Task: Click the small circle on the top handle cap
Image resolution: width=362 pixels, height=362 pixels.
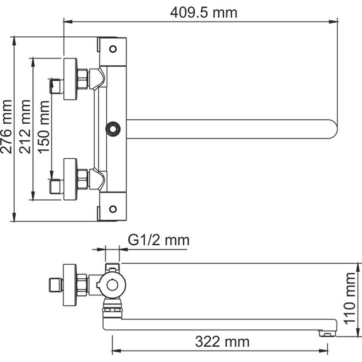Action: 113,48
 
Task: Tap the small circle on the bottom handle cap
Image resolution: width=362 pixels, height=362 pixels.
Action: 113,210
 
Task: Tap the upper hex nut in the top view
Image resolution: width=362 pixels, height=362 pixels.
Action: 83,79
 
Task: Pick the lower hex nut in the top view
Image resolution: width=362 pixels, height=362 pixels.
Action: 83,179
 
